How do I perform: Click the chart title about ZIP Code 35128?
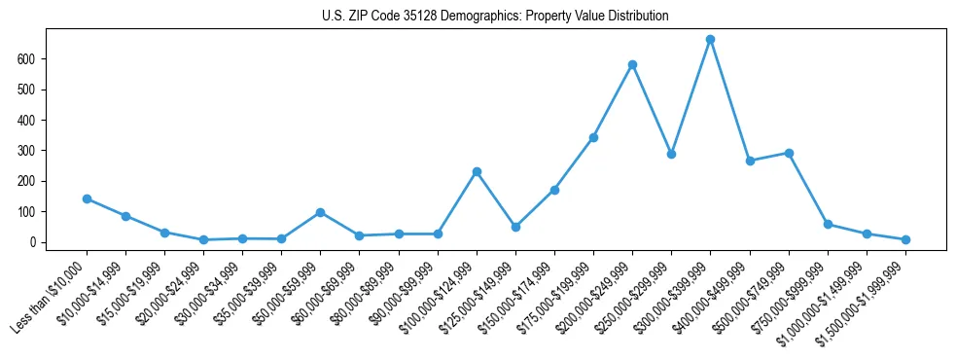tap(495, 16)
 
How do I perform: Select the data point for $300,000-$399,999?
tap(710, 40)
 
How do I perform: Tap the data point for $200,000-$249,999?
tap(632, 65)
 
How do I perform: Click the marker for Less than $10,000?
tap(87, 198)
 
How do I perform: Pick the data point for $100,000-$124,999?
tap(477, 171)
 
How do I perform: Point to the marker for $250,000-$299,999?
tap(671, 154)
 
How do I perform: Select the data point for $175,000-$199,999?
tap(593, 137)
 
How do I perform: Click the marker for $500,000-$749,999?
tap(789, 153)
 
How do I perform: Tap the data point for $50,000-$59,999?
tap(320, 212)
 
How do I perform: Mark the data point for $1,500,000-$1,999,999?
tap(905, 239)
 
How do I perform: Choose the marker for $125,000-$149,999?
tap(515, 227)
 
